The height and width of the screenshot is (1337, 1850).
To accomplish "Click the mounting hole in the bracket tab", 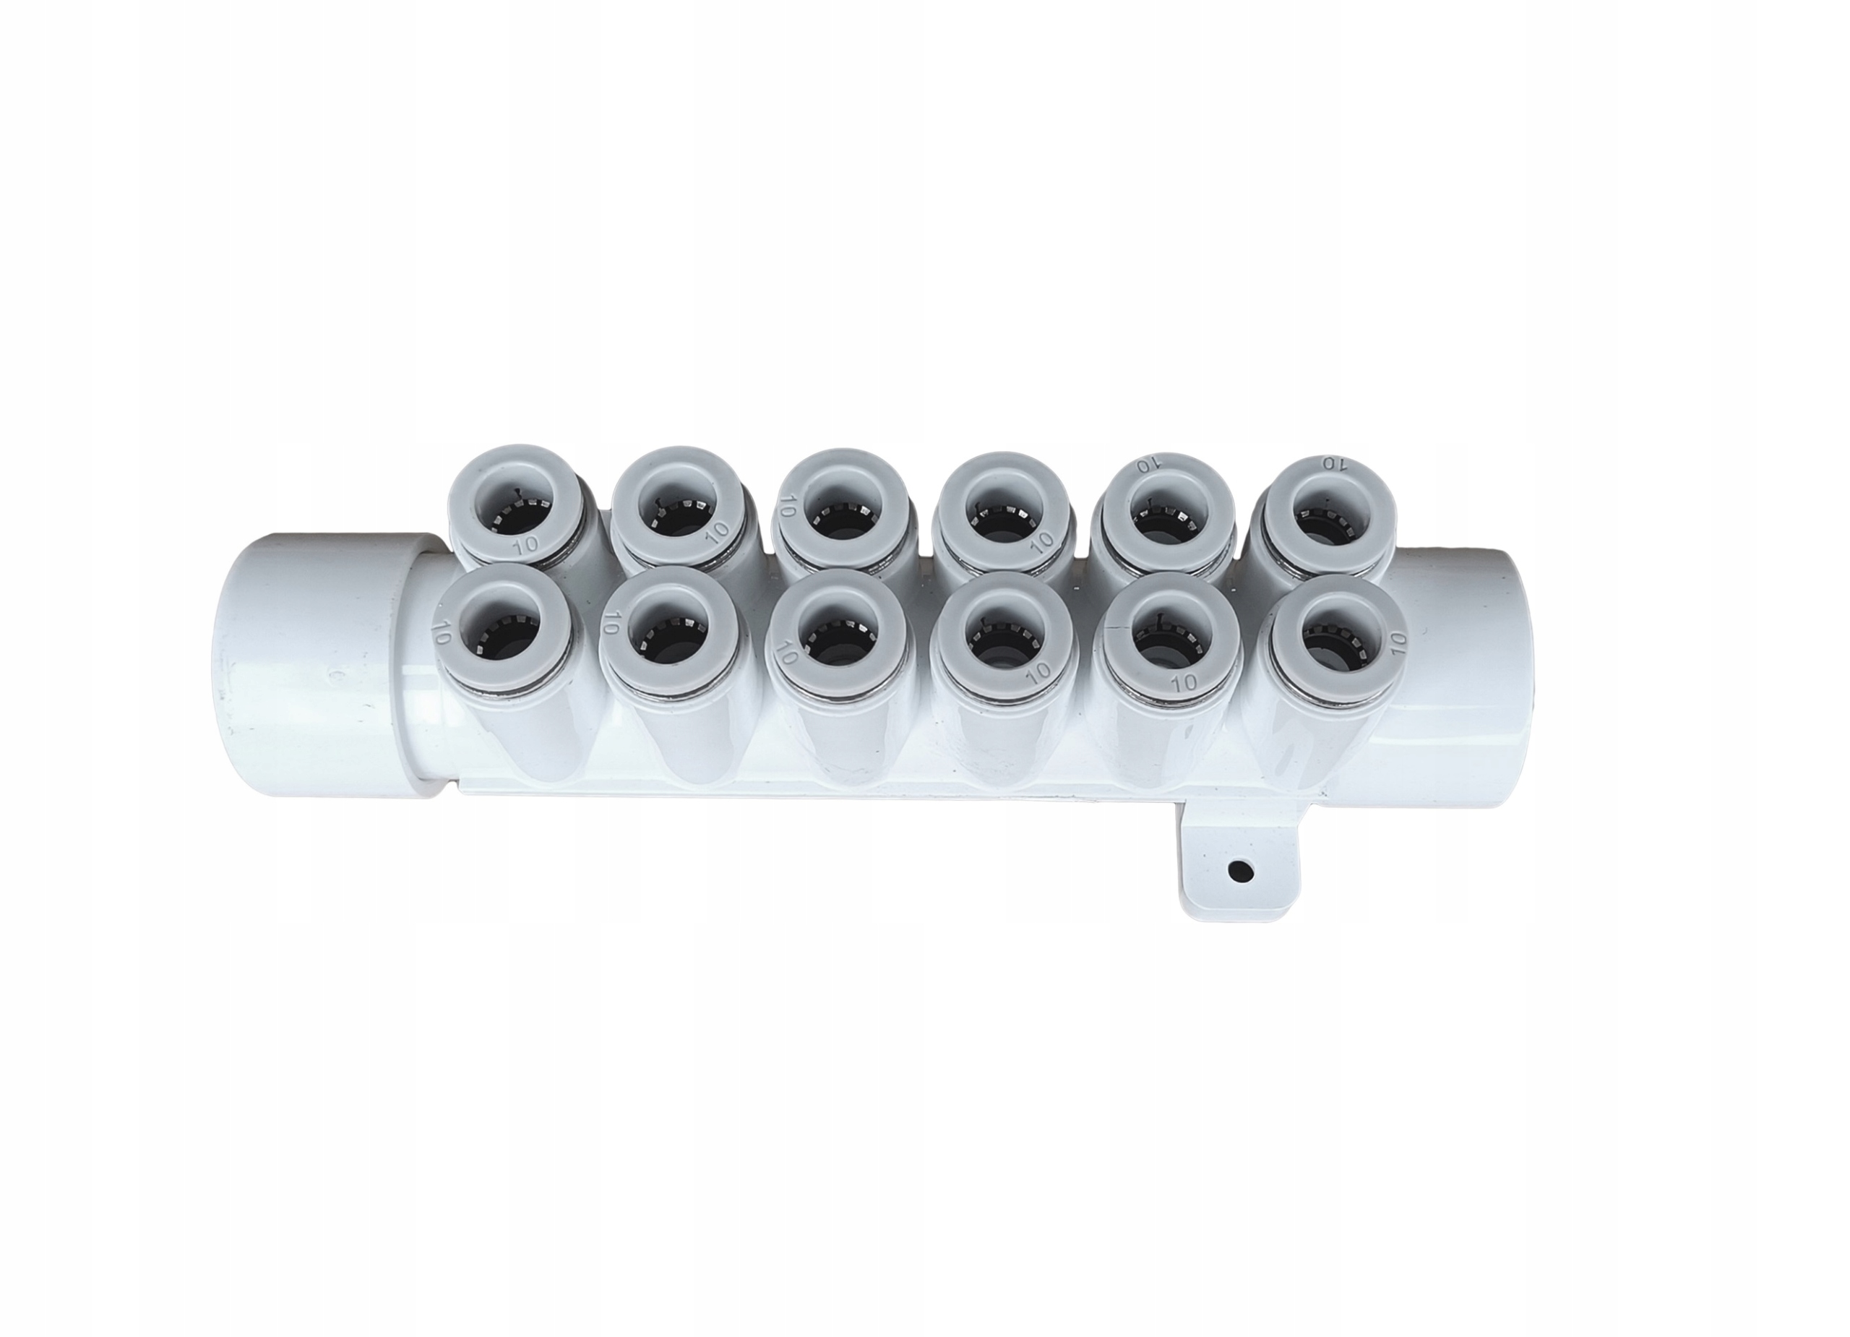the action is [1241, 873].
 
